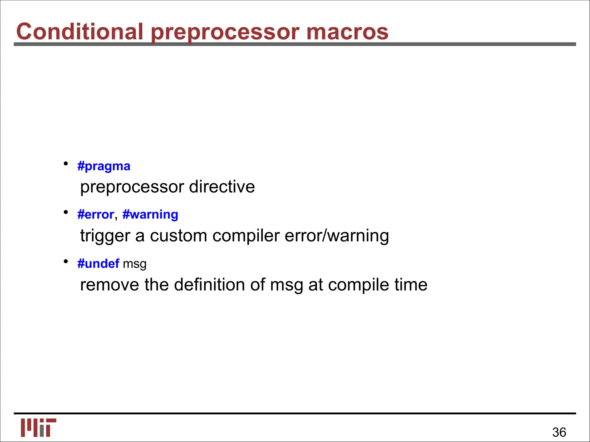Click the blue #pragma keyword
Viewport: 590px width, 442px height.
[x=104, y=166]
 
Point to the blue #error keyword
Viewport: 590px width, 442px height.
[x=96, y=215]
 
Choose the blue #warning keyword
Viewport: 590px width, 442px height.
[x=150, y=215]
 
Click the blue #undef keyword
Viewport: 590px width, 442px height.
[x=98, y=264]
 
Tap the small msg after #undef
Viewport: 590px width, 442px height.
[x=135, y=264]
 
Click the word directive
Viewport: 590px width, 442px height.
[x=222, y=187]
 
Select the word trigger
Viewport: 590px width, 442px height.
[x=105, y=236]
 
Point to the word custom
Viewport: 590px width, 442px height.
[x=178, y=236]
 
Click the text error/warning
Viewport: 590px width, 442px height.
[x=336, y=236]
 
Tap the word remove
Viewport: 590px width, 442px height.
[x=109, y=285]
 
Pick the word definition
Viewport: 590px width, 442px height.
[x=209, y=285]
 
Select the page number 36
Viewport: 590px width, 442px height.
[x=559, y=432]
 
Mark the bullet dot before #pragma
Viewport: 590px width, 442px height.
[x=66, y=164]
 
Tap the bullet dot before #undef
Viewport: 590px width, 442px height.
[x=66, y=261]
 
